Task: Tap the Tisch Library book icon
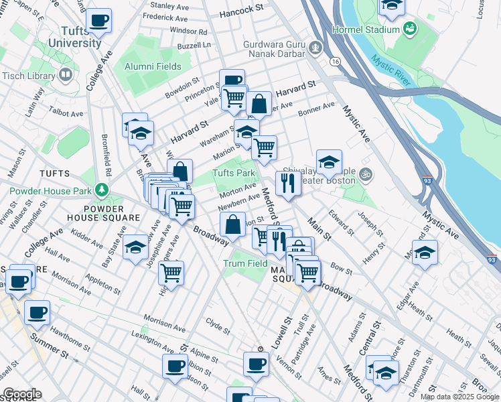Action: click(66, 74)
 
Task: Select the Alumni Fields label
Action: click(153, 66)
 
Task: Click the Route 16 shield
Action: click(334, 61)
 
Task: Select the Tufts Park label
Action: click(234, 174)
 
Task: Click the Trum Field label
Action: click(245, 263)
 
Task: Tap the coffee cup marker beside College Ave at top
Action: click(99, 21)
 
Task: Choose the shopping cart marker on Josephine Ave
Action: click(171, 272)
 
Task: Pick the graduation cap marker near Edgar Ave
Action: click(425, 253)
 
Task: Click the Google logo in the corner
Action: click(21, 394)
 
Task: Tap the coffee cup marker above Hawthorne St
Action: click(37, 312)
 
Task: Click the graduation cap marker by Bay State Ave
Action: click(135, 249)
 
